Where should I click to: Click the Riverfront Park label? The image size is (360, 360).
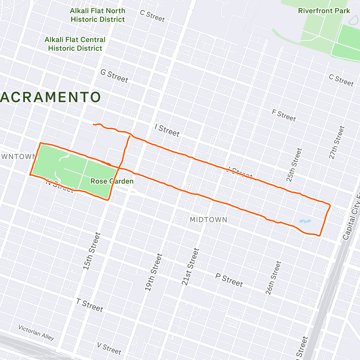point(324,11)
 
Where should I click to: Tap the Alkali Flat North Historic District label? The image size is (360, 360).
point(97,15)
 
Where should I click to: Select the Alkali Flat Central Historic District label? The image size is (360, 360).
point(75,44)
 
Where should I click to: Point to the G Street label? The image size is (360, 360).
point(114,76)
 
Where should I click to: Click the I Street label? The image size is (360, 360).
point(167,130)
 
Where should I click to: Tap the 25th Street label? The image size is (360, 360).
point(294,165)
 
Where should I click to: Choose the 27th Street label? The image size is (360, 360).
point(337,142)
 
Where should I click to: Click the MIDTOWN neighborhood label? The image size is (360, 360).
point(208,220)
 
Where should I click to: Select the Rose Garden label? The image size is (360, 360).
point(112,181)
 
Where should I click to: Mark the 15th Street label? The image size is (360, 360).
point(91,251)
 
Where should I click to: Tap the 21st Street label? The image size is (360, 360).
point(190,266)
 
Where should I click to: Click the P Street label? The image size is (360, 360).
point(229,280)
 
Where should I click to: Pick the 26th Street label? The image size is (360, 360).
point(273,277)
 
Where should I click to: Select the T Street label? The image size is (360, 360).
point(89,305)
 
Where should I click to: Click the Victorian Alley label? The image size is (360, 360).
point(36,332)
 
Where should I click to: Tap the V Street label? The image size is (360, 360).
point(109,348)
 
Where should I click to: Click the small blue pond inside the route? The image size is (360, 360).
point(305,222)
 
